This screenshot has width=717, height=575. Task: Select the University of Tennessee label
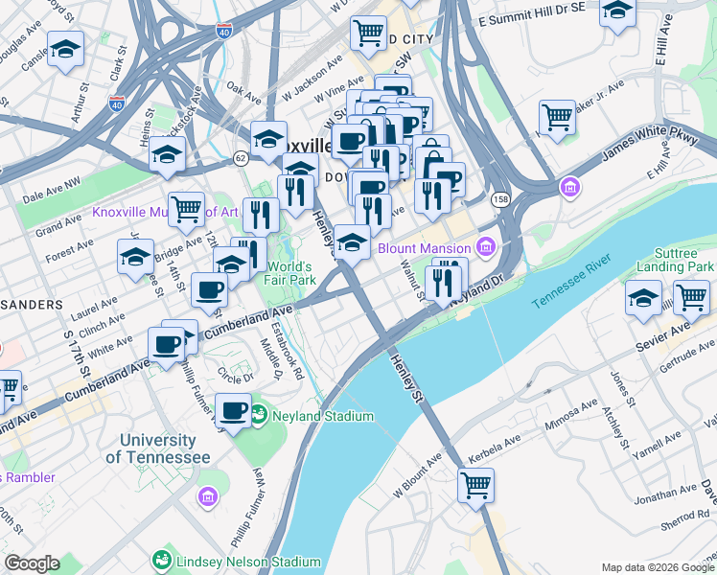click(x=157, y=448)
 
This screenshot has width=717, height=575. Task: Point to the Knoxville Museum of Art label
click(x=165, y=212)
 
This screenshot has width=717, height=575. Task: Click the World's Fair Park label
click(x=290, y=273)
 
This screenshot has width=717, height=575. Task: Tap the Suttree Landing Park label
click(x=675, y=256)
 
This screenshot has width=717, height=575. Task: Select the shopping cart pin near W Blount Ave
click(x=475, y=484)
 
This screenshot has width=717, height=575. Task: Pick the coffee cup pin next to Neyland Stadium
click(x=233, y=409)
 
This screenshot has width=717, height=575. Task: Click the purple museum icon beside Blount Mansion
click(x=486, y=248)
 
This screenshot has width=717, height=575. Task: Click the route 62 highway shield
click(x=241, y=156)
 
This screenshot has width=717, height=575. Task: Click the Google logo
click(x=33, y=563)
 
